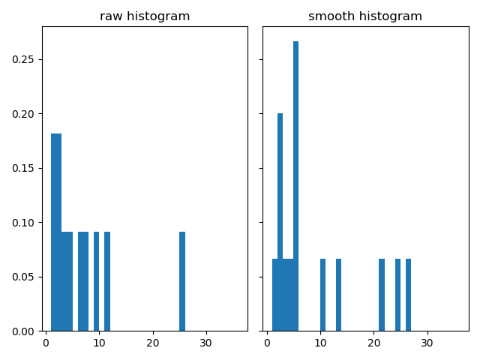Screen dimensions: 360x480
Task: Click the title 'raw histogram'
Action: tap(145, 16)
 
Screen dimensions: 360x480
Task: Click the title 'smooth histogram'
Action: tap(365, 16)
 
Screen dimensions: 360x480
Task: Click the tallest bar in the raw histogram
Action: tap(56, 232)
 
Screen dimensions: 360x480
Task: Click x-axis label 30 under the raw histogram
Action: tap(206, 343)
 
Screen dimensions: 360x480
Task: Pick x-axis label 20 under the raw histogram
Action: tap(153, 343)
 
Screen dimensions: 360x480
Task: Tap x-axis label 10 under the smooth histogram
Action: tap(320, 343)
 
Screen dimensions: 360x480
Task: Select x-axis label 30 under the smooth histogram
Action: tap(427, 343)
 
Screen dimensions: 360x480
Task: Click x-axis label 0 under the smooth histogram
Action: tap(267, 343)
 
